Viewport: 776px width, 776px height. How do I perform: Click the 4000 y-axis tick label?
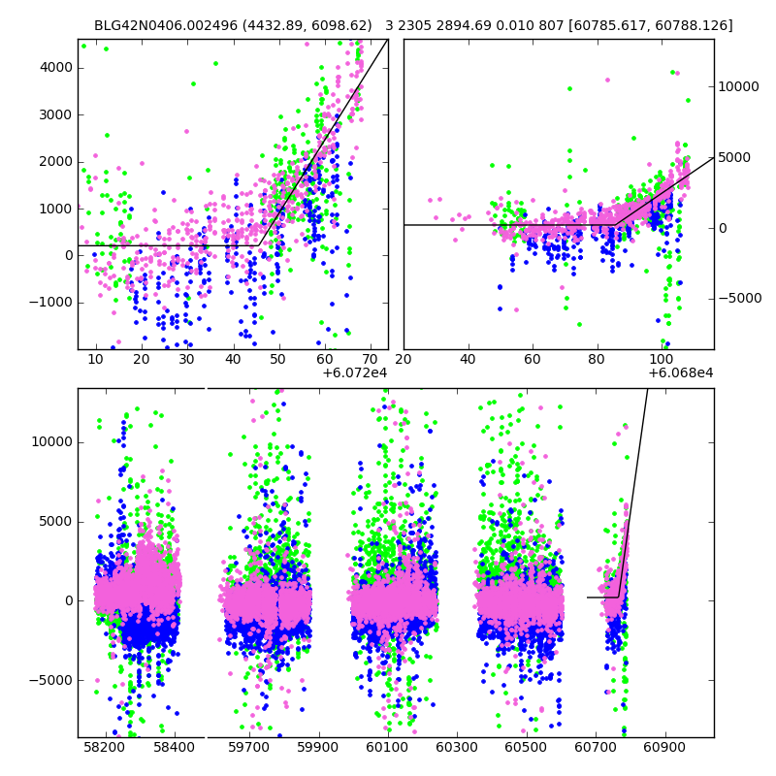click(x=54, y=67)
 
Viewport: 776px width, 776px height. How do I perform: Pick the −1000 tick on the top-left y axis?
click(x=50, y=303)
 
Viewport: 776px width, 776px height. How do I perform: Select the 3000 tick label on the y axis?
click(x=54, y=114)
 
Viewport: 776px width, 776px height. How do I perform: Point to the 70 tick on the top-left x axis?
click(x=371, y=360)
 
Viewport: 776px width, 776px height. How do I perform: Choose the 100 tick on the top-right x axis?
click(x=663, y=360)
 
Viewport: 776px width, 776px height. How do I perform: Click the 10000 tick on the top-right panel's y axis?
click(x=738, y=86)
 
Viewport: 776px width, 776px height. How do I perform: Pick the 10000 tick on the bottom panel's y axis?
click(x=50, y=441)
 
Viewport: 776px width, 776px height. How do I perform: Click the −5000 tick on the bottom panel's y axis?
click(x=50, y=680)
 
